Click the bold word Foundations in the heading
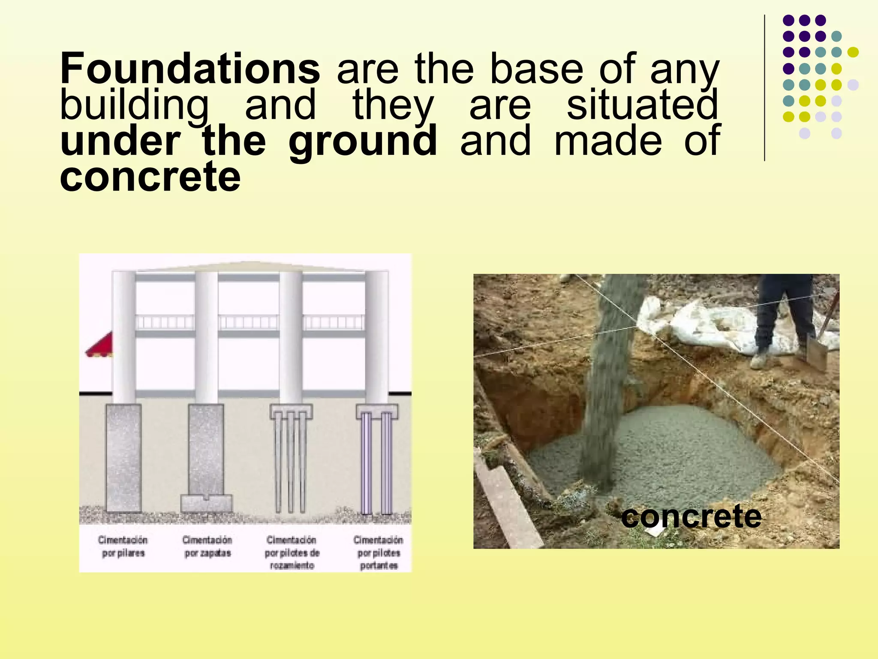pyautogui.click(x=190, y=69)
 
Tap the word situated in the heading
pyautogui.click(x=642, y=105)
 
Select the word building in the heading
pyautogui.click(x=134, y=105)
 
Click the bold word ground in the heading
pyautogui.click(x=363, y=141)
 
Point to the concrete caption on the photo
pyautogui.click(x=691, y=516)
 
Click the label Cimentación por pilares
pyautogui.click(x=123, y=546)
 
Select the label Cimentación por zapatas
pyautogui.click(x=207, y=546)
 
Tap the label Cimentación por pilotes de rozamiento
pyautogui.click(x=292, y=552)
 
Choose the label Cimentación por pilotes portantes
pyautogui.click(x=379, y=553)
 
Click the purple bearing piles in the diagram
pyautogui.click(x=377, y=463)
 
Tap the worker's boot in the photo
pyautogui.click(x=760, y=360)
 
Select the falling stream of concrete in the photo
pyautogui.click(x=609, y=378)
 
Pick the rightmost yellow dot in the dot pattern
pyautogui.click(x=853, y=52)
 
